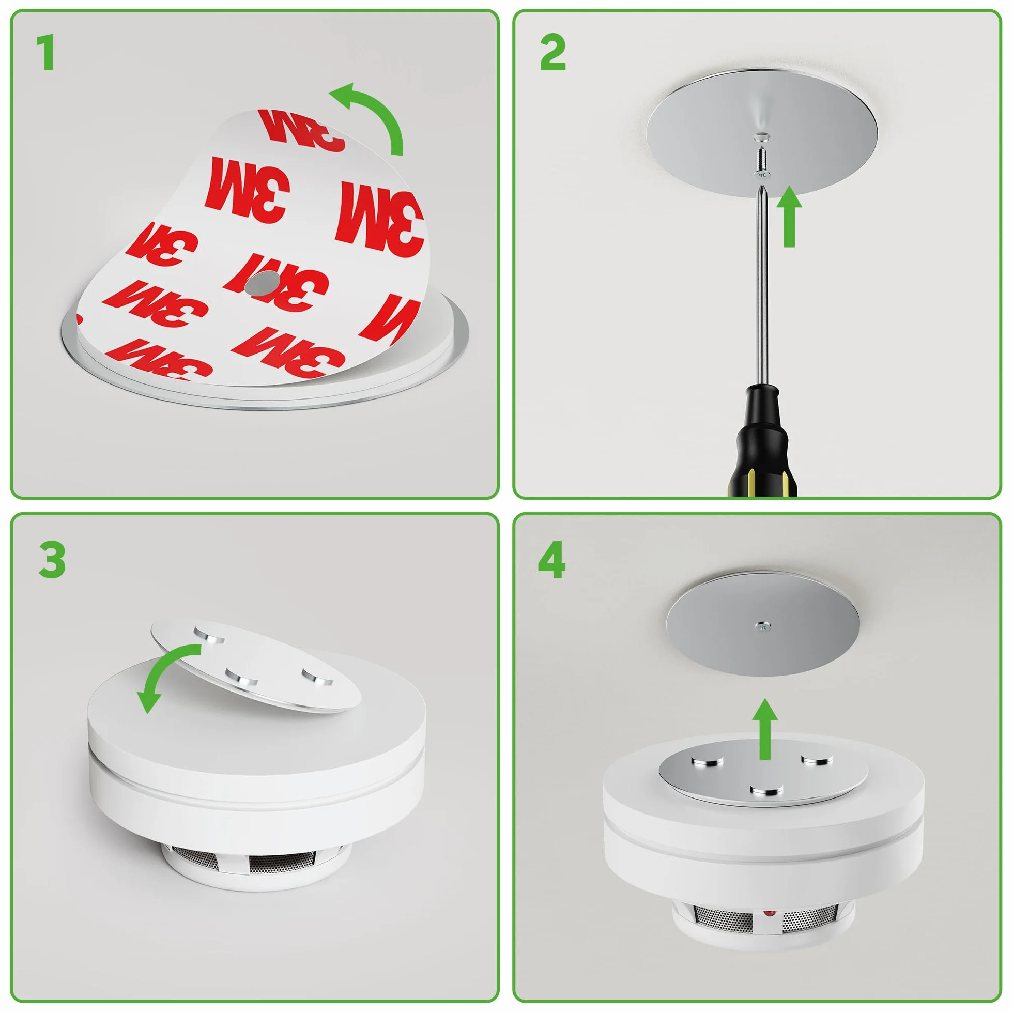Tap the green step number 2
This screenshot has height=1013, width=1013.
click(x=552, y=52)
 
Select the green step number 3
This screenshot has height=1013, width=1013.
click(x=52, y=560)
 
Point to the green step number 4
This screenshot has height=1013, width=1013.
click(x=551, y=560)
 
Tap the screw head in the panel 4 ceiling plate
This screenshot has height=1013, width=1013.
click(x=763, y=625)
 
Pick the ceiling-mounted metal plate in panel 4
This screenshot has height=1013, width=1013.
click(x=762, y=624)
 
